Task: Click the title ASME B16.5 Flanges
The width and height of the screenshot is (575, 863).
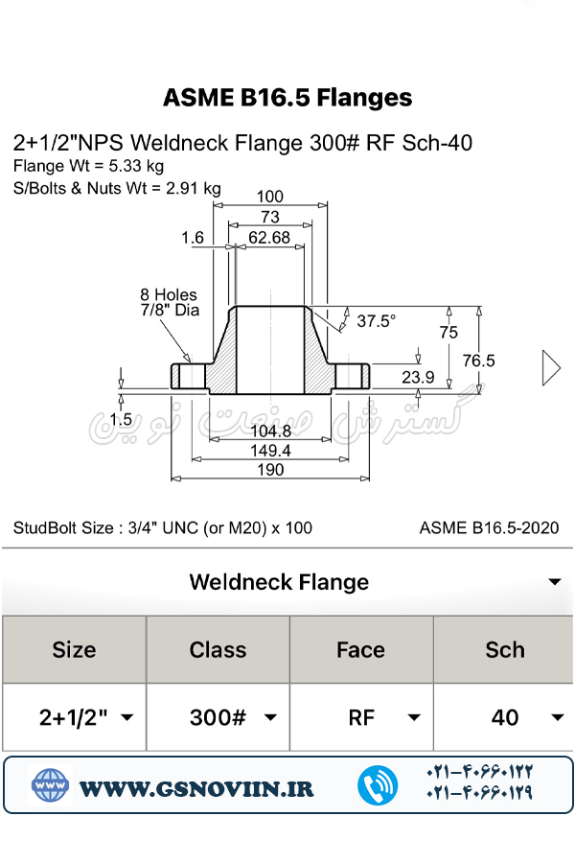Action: point(287,98)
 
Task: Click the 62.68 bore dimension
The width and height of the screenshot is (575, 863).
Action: point(269,238)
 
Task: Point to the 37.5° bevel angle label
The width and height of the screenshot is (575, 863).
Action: point(376,321)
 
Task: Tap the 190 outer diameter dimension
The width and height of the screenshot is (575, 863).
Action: point(270,470)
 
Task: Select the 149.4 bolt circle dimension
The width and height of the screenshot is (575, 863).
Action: point(270,451)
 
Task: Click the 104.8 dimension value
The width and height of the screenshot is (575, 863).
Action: point(270,431)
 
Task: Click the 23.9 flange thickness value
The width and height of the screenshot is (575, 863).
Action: point(417,377)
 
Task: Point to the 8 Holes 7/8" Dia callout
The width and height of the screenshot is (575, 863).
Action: point(169,303)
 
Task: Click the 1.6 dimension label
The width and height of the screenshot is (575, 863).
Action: point(192,237)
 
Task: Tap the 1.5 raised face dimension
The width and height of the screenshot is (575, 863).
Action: point(121,419)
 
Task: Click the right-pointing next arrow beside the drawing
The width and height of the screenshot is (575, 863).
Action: point(551,368)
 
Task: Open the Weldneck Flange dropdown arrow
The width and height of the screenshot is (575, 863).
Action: point(554,583)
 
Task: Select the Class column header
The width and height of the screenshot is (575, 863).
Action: point(218,649)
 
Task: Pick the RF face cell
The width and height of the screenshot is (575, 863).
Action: point(361,717)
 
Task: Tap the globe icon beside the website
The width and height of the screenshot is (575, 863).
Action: point(50,786)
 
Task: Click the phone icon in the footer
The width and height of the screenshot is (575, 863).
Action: point(378,786)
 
